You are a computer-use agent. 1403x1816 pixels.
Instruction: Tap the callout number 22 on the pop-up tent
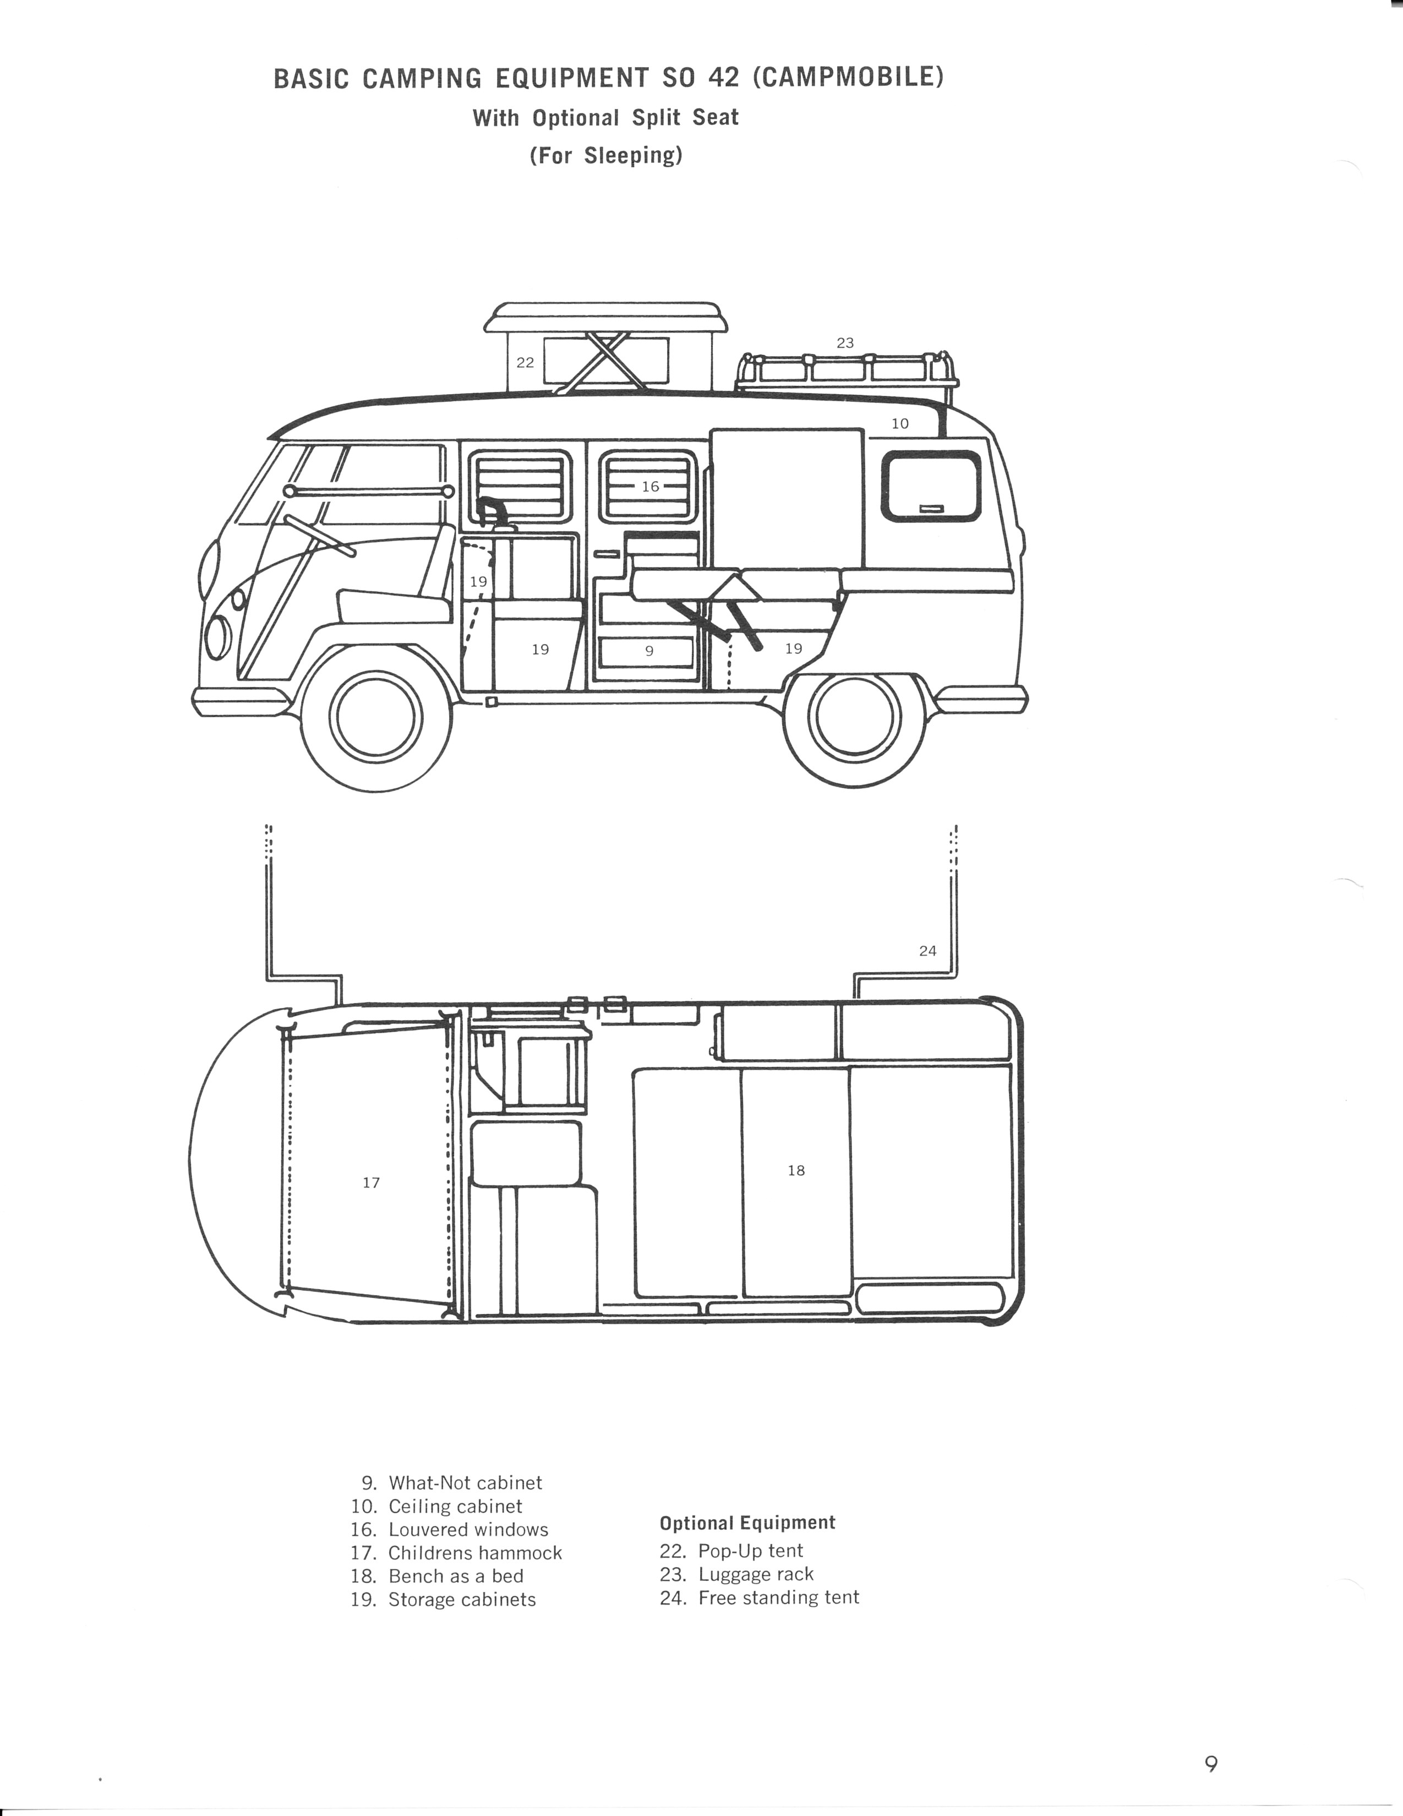525,363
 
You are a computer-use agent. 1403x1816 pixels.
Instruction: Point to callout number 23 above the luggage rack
845,342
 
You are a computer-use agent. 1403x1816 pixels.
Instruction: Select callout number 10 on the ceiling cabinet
900,423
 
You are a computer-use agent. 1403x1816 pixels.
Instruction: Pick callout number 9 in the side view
649,651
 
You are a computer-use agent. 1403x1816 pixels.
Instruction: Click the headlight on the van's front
218,637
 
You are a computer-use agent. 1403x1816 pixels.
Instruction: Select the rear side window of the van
930,487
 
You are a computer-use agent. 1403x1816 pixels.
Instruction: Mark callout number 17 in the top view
371,1182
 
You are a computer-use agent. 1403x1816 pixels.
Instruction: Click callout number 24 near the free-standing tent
927,951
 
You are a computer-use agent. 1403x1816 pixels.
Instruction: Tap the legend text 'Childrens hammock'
475,1552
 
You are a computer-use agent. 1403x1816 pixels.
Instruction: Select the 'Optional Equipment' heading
747,1523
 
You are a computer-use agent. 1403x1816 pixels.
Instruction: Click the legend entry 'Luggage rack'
755,1574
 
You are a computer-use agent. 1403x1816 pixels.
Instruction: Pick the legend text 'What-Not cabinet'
465,1482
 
